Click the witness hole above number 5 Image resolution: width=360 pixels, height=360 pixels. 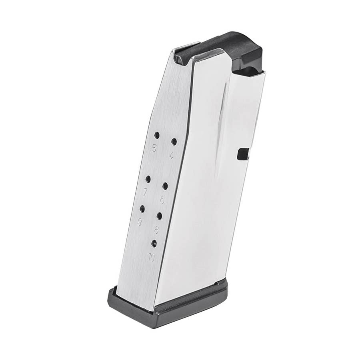point(157,135)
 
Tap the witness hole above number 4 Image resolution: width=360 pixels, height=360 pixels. point(174,141)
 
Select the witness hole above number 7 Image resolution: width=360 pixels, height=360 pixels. point(148,179)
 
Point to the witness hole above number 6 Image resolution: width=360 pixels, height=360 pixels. point(165,186)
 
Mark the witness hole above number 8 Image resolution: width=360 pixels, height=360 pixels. point(159,216)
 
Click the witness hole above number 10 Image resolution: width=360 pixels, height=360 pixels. point(154,243)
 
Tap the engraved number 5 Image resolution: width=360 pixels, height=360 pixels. point(154,149)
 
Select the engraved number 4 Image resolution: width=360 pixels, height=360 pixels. point(171,156)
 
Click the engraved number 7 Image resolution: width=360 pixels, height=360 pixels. point(145,192)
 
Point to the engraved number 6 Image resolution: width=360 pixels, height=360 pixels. point(162,200)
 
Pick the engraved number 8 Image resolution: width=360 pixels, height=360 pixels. point(156,230)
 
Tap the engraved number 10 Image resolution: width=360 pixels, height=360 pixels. point(151,257)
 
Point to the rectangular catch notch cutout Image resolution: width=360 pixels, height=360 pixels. point(243,154)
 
